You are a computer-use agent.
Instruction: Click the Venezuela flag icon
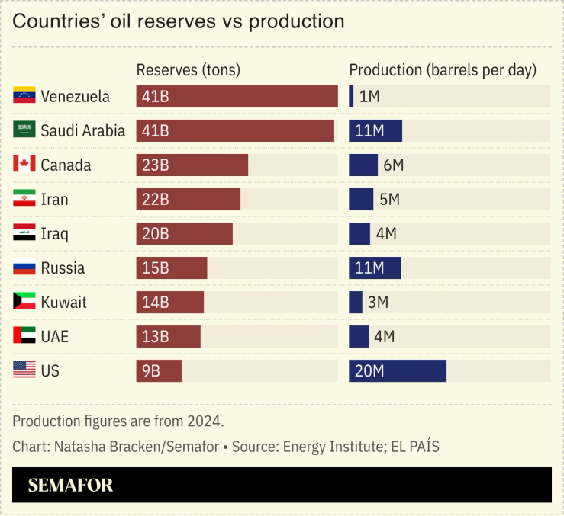[24, 96]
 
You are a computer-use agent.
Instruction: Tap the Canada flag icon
[24, 165]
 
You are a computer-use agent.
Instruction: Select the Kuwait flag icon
[24, 302]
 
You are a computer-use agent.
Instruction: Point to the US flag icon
[24, 370]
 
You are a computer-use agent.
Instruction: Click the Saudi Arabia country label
[82, 130]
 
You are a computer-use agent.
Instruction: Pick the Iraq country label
[54, 233]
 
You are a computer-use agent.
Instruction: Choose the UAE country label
[55, 336]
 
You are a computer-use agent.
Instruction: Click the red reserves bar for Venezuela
[237, 96]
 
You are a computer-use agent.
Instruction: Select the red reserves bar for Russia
[172, 268]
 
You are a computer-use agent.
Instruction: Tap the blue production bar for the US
[397, 370]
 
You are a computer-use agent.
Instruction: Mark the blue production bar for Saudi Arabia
[375, 130]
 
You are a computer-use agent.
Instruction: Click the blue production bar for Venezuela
[351, 96]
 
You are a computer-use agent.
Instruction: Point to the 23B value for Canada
[155, 165]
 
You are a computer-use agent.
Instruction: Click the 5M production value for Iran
[389, 199]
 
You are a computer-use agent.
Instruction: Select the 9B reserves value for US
[150, 370]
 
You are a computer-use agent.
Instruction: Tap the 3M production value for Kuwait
[378, 302]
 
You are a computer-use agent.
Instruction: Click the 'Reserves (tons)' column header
[188, 70]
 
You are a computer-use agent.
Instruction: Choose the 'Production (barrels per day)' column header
[443, 70]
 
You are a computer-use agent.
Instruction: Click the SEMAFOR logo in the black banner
[70, 486]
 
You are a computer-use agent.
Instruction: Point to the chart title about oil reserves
[178, 21]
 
